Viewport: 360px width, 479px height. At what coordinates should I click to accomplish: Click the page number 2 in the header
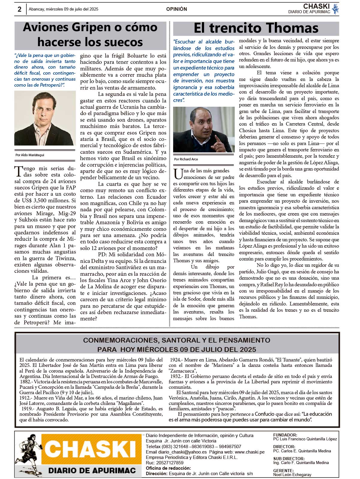pos(19,9)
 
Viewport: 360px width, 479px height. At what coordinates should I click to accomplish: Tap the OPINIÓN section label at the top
pos(176,9)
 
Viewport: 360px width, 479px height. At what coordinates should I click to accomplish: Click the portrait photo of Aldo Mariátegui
pos(45,118)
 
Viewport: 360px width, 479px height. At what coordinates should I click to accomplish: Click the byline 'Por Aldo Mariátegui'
pos(30,155)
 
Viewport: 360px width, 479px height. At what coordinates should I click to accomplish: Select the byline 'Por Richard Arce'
pos(186,159)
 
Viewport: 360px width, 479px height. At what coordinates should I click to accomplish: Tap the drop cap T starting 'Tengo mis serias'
pos(18,171)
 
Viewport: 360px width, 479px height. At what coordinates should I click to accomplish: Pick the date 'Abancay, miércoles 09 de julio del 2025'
pos(64,9)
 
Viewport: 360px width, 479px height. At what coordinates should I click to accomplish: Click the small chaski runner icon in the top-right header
pos(335,9)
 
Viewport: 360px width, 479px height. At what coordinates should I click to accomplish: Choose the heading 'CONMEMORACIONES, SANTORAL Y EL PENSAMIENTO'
pos(176,340)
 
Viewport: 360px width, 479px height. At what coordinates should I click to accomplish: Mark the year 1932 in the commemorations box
pos(175,376)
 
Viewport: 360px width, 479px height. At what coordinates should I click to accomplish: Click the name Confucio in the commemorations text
pos(265,414)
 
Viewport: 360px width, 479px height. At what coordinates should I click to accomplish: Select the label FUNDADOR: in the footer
pos(285,435)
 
